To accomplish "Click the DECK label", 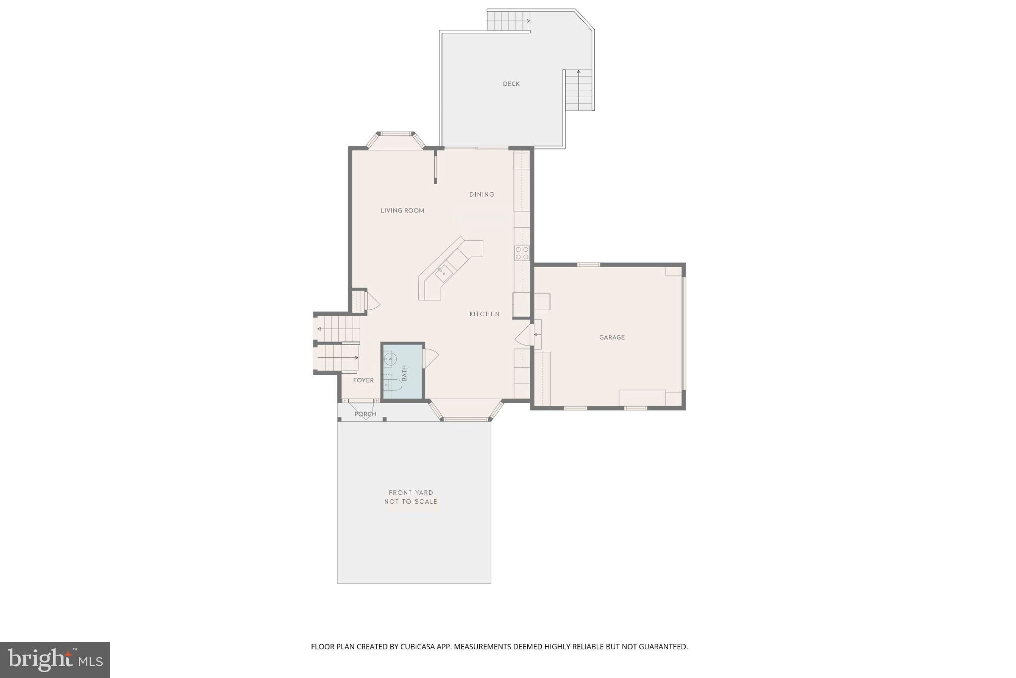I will pyautogui.click(x=511, y=84).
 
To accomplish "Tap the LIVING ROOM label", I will pyautogui.click(x=402, y=210).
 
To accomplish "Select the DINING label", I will pyautogui.click(x=482, y=194).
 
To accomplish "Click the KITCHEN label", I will pyautogui.click(x=484, y=314).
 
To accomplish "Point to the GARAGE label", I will pyautogui.click(x=612, y=337).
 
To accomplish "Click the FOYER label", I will pyautogui.click(x=363, y=380).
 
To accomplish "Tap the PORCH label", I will pyautogui.click(x=365, y=414).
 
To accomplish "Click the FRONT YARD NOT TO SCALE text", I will pyautogui.click(x=411, y=497).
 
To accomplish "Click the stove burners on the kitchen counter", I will pyautogui.click(x=521, y=253).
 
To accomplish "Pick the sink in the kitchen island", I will pyautogui.click(x=442, y=271).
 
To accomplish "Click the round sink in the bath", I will pyautogui.click(x=387, y=358).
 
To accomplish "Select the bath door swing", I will pyautogui.click(x=430, y=358).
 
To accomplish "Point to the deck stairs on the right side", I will pyautogui.click(x=578, y=90).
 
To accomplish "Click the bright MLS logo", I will pyautogui.click(x=55, y=660).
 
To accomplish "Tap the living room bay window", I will pyautogui.click(x=396, y=140).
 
